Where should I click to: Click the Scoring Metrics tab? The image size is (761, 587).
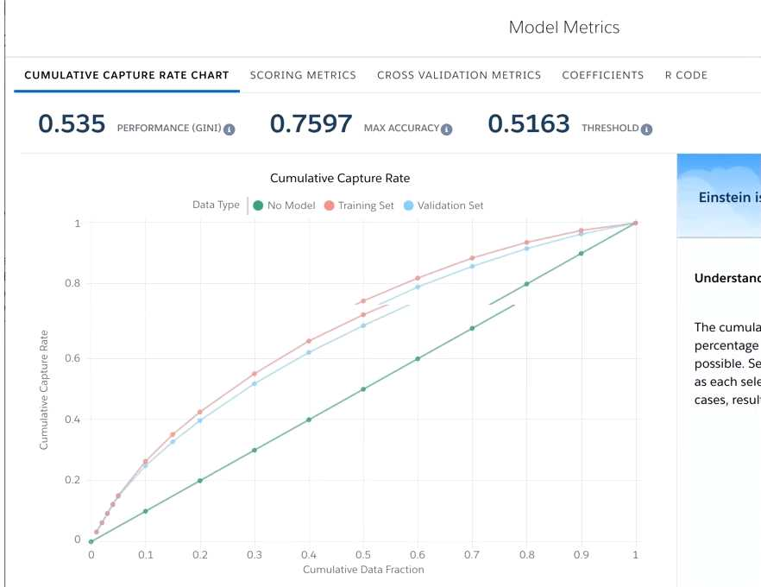[303, 75]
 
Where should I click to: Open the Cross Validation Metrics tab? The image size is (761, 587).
[459, 75]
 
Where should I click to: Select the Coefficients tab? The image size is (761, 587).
[602, 75]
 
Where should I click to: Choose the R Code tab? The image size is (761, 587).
[686, 75]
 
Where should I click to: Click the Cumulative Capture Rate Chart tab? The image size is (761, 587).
[127, 75]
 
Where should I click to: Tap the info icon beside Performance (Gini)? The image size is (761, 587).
[230, 129]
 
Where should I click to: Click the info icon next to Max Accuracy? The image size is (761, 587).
[446, 129]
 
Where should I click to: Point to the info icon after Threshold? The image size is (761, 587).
[646, 129]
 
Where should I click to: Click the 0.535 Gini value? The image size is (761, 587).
[72, 124]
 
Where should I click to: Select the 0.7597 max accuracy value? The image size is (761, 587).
[311, 124]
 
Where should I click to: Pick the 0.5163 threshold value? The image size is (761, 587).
[529, 124]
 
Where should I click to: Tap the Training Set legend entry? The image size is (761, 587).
[360, 205]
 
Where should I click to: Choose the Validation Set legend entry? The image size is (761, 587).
[443, 205]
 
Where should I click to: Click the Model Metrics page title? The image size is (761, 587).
[564, 27]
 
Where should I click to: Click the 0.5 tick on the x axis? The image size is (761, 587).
[363, 555]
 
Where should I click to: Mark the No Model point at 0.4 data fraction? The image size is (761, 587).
[309, 420]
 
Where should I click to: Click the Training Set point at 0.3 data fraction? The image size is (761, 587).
[255, 374]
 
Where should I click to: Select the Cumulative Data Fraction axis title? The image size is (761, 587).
[363, 570]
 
